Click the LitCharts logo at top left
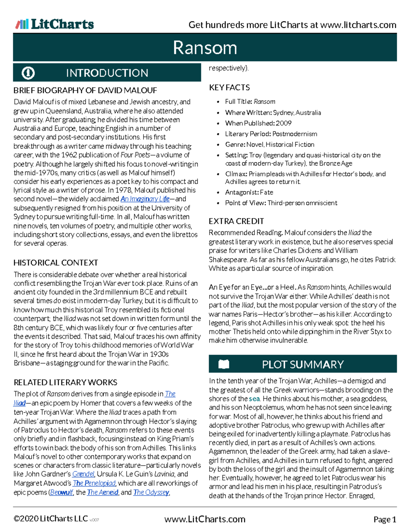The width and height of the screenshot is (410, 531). pos(55,24)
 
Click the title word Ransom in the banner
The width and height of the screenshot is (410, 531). pos(205,48)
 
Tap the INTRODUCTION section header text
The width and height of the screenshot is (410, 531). pos(107,73)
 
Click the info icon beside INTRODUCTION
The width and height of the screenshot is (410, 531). pos(28,73)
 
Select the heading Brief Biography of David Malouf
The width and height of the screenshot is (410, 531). pos(85,90)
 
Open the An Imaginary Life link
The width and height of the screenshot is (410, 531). pos(145,199)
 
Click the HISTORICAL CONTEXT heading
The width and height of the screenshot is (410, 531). pos(56,263)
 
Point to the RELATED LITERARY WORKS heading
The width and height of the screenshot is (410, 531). pos(65,382)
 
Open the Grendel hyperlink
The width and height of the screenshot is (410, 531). pos(83,474)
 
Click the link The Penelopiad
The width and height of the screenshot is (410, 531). pos(94,483)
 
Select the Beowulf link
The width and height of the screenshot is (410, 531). pos(61,492)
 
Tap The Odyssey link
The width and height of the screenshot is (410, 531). pos(151,492)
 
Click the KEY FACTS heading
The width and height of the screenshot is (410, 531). pos(229,88)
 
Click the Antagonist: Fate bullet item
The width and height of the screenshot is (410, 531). pos(249,192)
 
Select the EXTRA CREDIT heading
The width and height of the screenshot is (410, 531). pos(236,221)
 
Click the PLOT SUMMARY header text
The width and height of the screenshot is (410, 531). pos(303,364)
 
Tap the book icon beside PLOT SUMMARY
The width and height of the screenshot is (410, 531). pos(224,364)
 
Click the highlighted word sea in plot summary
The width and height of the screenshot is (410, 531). pos(254,399)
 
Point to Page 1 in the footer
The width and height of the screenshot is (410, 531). pos(384,520)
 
